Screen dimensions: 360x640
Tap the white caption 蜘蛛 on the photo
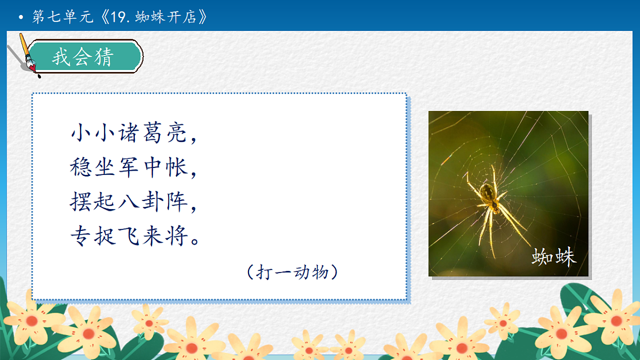pos(554,257)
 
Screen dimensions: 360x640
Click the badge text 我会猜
pos(83,57)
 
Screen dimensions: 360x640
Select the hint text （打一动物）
pos(293,273)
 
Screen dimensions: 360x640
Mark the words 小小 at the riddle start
pos(92,133)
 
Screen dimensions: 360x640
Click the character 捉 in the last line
pos(105,237)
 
